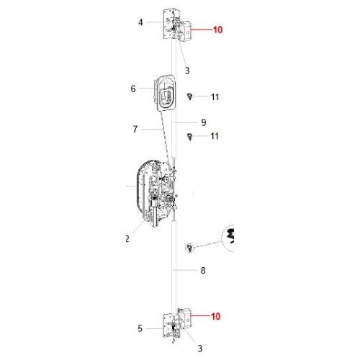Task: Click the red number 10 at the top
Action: point(217,30)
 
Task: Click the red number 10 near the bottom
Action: point(215,316)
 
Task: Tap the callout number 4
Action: point(140,22)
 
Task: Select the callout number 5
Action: point(140,328)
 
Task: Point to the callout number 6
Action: point(133,89)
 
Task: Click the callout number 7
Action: point(135,129)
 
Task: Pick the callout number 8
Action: point(203,270)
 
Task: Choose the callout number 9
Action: point(204,122)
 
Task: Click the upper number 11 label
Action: point(215,97)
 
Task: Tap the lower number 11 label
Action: point(215,136)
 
